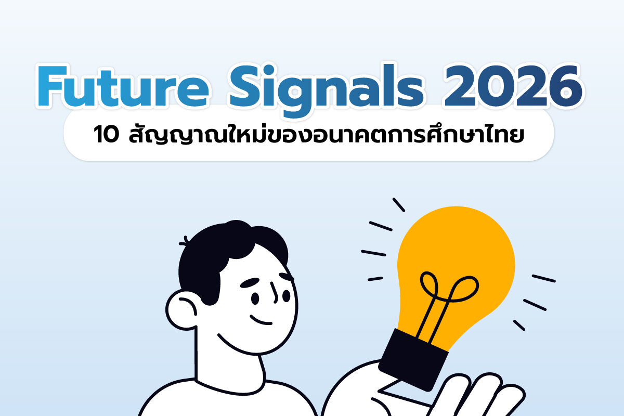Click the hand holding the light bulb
pyautogui.click(x=468, y=395)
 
